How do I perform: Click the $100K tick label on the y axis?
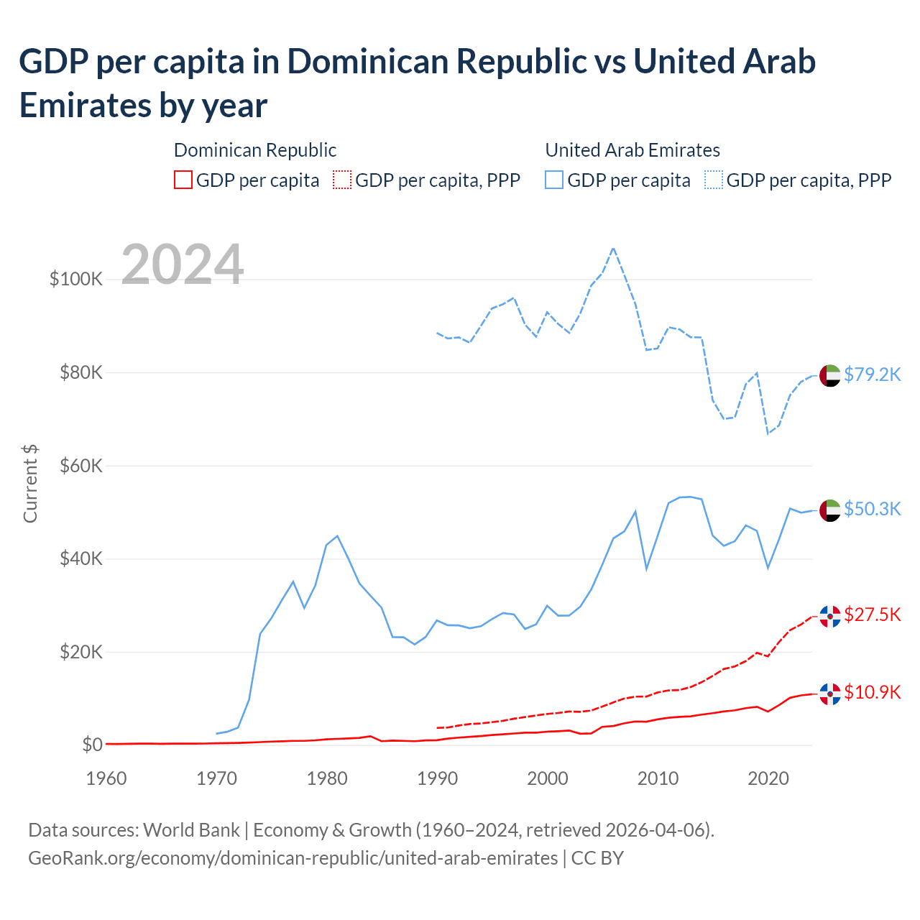pyautogui.click(x=75, y=279)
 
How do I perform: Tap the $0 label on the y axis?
pyautogui.click(x=91, y=745)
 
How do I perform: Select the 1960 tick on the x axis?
pyautogui.click(x=106, y=778)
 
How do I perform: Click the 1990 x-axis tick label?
pyautogui.click(x=437, y=778)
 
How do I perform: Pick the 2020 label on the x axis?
pyautogui.click(x=768, y=778)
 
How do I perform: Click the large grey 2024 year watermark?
pyautogui.click(x=183, y=264)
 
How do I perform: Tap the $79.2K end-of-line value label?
pyautogui.click(x=872, y=374)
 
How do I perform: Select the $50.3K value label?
pyautogui.click(x=872, y=509)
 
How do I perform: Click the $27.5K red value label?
pyautogui.click(x=872, y=615)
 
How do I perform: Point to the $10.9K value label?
pyautogui.click(x=872, y=692)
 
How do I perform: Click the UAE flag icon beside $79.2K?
pyautogui.click(x=830, y=375)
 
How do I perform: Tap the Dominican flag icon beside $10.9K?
pyautogui.click(x=830, y=694)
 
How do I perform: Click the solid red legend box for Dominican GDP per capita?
pyautogui.click(x=183, y=180)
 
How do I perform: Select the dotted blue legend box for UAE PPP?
pyautogui.click(x=714, y=180)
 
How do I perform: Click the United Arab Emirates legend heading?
pyautogui.click(x=632, y=150)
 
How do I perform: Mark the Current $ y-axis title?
pyautogui.click(x=30, y=483)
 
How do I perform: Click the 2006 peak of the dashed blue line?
pyautogui.click(x=613, y=249)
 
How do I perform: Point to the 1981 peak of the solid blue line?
pyautogui.click(x=337, y=536)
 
